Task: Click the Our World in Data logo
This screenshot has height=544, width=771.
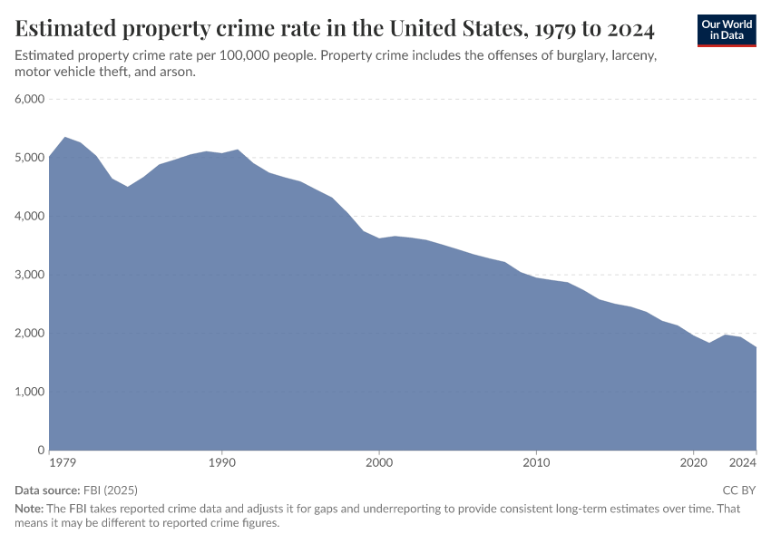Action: tap(727, 30)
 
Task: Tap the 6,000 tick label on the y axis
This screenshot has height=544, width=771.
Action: tap(30, 99)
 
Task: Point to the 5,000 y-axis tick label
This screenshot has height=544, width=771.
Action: tap(30, 158)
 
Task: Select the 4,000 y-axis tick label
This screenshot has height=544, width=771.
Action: tap(30, 216)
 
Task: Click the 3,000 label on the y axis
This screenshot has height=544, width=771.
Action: tap(30, 275)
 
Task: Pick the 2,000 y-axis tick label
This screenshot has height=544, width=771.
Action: tap(30, 333)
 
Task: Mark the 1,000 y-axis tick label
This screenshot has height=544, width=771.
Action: tap(30, 392)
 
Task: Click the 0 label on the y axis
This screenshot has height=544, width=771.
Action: tap(40, 450)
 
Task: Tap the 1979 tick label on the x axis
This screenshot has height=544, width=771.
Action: tap(63, 463)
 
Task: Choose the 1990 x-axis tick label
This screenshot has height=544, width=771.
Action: tap(222, 463)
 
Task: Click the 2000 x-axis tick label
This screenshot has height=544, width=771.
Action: tap(379, 463)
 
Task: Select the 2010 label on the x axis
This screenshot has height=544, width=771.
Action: tap(536, 463)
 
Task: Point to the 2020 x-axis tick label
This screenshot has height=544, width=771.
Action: tap(694, 463)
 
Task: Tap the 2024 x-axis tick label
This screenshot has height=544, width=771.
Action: tap(743, 463)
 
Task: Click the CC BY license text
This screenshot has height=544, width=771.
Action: tap(738, 491)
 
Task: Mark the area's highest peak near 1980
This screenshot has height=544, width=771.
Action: tap(65, 138)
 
